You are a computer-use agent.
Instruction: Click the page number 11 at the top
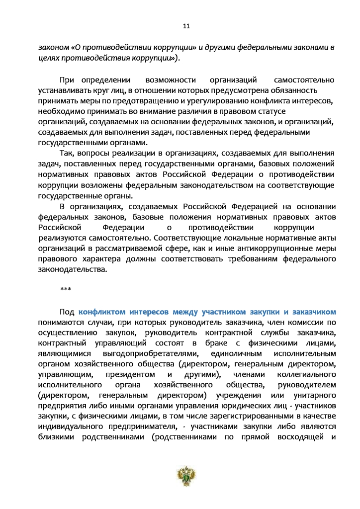tap(180, 26)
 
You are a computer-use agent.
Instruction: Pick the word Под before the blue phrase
tap(67, 312)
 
